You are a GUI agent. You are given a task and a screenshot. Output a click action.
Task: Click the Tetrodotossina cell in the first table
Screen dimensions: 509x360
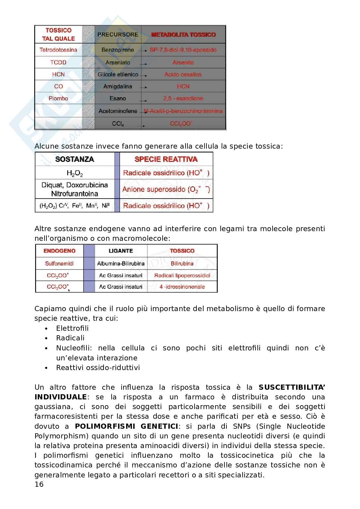pos(58,50)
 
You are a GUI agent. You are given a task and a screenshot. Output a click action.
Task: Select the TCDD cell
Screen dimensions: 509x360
pos(58,63)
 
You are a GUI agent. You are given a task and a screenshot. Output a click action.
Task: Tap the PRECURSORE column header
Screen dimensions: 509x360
pos(118,34)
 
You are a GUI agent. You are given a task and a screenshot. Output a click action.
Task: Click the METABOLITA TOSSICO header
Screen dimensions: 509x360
pos(183,34)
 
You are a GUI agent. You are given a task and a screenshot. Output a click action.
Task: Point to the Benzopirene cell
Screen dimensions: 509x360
pos(118,50)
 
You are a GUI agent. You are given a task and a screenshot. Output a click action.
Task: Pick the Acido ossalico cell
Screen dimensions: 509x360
pos(183,74)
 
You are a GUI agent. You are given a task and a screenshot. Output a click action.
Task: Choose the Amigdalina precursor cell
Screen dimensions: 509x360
pos(118,86)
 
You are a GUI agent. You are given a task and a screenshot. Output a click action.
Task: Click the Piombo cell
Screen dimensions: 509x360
pos(58,98)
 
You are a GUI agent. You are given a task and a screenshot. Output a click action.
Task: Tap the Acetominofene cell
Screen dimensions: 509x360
pos(118,111)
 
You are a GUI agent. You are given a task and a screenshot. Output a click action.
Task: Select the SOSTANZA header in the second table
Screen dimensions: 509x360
pos(75,159)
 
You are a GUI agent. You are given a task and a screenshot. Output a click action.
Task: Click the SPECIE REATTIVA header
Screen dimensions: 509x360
pos(166,159)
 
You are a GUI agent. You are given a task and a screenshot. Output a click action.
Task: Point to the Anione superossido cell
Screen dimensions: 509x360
pos(166,189)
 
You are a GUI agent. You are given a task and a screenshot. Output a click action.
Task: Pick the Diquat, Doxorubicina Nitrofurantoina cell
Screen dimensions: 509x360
pos(75,189)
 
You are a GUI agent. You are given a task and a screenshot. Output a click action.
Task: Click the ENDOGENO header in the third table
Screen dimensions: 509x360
pos(59,251)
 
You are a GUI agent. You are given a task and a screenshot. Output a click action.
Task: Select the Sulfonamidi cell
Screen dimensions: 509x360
pos(59,263)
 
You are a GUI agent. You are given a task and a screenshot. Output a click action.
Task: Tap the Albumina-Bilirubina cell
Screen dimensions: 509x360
pos(121,263)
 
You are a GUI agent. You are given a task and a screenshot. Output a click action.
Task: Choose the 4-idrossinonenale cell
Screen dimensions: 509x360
pos(182,287)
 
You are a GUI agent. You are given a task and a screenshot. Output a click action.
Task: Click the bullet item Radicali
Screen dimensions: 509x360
pos(70,338)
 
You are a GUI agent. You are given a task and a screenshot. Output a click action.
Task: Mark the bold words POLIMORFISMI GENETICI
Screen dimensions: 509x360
pos(126,426)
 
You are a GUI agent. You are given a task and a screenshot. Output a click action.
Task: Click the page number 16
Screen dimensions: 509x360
pos(39,484)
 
